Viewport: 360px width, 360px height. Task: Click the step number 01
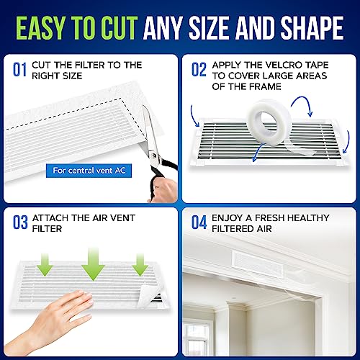point(19,70)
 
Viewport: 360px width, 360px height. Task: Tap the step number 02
point(199,70)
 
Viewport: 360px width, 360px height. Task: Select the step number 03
point(20,222)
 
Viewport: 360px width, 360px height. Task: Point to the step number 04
point(199,222)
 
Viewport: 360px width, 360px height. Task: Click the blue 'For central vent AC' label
point(89,171)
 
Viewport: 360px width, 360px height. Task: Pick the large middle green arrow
point(93,264)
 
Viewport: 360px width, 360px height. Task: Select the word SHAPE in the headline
point(312,28)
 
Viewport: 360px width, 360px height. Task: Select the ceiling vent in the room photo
point(257,263)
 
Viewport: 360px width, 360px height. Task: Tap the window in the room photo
point(198,338)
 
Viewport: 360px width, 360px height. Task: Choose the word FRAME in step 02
point(264,86)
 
